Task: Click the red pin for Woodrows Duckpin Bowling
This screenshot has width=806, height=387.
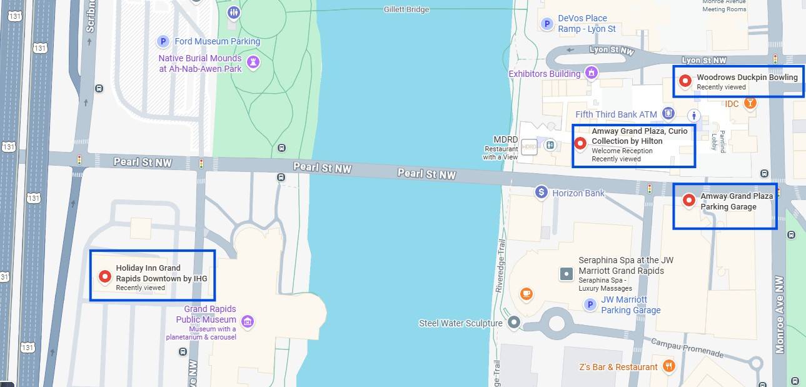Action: coord(685,81)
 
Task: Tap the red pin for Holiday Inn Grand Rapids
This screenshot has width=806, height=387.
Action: coord(104,276)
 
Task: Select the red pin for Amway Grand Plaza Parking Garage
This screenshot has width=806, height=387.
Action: coord(688,200)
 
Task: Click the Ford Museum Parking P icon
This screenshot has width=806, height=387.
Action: coord(163,41)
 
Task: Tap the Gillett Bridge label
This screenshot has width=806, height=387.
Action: coord(406,9)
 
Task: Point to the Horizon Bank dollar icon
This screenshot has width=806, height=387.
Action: coord(542,193)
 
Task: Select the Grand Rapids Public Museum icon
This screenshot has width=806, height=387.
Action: coord(248,321)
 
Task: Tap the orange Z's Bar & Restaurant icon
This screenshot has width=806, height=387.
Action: coord(669,366)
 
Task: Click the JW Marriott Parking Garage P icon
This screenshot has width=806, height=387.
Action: coord(589,304)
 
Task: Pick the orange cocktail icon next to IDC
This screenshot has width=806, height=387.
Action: coord(750,103)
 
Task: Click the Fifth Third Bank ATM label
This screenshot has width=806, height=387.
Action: coord(616,114)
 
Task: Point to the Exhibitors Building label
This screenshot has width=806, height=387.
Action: coord(545,74)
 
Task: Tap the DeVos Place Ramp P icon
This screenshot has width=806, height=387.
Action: coord(547,24)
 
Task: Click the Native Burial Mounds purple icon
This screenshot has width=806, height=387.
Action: coord(253,62)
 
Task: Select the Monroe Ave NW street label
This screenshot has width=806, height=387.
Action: coord(779,314)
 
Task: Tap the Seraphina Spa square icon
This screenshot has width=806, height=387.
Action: coord(566,273)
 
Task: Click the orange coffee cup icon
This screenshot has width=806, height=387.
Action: coord(526,293)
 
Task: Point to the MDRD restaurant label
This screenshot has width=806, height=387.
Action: coord(505,139)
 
